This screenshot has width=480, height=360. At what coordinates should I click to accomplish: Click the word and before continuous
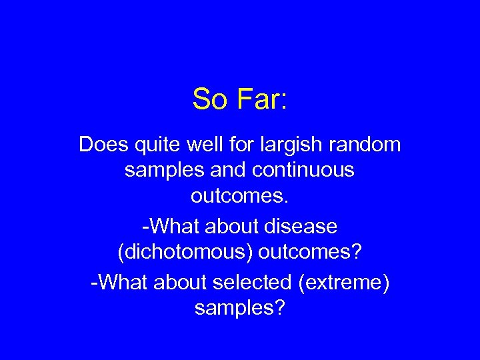pos(229,171)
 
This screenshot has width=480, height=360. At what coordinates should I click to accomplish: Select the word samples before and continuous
pos(164,171)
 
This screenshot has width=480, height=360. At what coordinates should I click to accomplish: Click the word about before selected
pos(180,283)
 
